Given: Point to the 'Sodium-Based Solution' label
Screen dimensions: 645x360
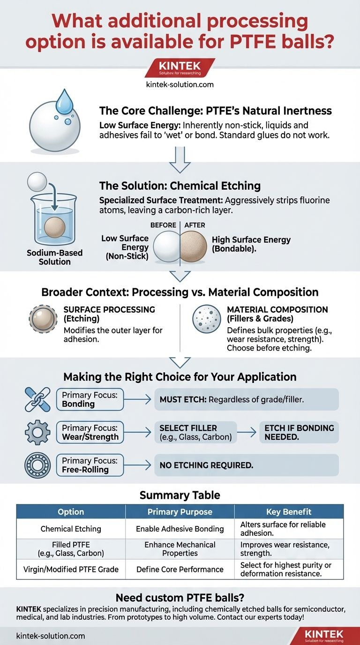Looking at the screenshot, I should point(54,257).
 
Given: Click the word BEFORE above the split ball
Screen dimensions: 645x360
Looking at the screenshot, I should point(163,225).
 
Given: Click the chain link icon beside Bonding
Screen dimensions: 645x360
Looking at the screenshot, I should point(37,400).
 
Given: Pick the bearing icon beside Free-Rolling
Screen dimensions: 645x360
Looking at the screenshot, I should point(37,465).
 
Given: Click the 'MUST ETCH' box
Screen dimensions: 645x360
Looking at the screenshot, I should point(246,400).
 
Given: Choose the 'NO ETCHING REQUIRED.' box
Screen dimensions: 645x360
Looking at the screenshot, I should point(246,465).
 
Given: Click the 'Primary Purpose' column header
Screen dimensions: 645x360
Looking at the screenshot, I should point(180,512).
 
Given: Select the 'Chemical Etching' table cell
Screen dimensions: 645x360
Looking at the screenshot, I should point(71,529).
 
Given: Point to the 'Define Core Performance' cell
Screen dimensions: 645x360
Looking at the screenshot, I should point(180,570).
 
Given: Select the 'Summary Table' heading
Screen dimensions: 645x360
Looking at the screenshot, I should point(180,495).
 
